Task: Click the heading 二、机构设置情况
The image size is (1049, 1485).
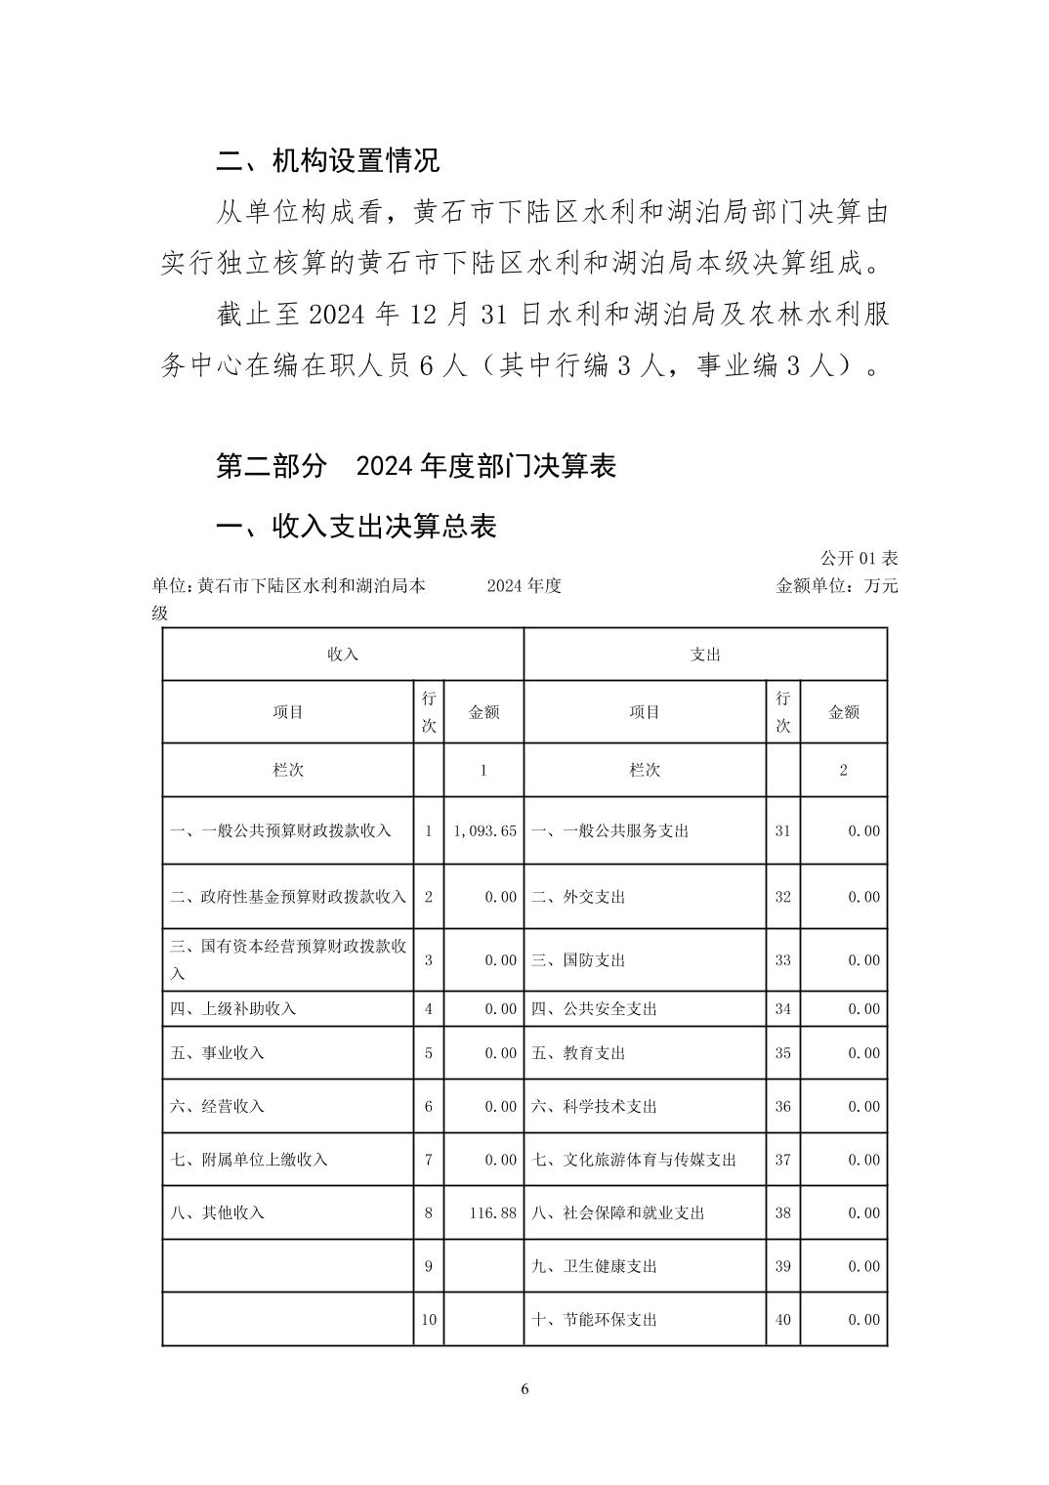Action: pyautogui.click(x=328, y=160)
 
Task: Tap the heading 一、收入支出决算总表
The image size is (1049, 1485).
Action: pyautogui.click(x=357, y=526)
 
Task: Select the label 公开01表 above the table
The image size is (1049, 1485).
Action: pyautogui.click(x=859, y=558)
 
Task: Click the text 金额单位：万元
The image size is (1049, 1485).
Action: pyautogui.click(x=836, y=586)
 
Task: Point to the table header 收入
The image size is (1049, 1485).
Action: pyautogui.click(x=343, y=655)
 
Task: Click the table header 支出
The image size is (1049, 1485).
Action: pyautogui.click(x=705, y=655)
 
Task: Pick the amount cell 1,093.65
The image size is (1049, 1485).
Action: pyautogui.click(x=484, y=830)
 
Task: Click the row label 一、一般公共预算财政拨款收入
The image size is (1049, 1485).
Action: pyautogui.click(x=281, y=830)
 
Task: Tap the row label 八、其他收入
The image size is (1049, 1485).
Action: pyautogui.click(x=218, y=1212)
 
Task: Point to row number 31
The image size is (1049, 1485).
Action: pyautogui.click(x=782, y=830)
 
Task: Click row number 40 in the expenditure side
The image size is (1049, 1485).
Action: pyautogui.click(x=782, y=1319)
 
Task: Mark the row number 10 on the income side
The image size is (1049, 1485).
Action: pyautogui.click(x=429, y=1319)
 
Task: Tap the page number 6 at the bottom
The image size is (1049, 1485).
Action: pyautogui.click(x=524, y=1389)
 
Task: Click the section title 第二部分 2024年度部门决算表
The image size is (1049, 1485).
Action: pyautogui.click(x=416, y=466)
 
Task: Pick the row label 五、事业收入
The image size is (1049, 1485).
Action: pyautogui.click(x=218, y=1053)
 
